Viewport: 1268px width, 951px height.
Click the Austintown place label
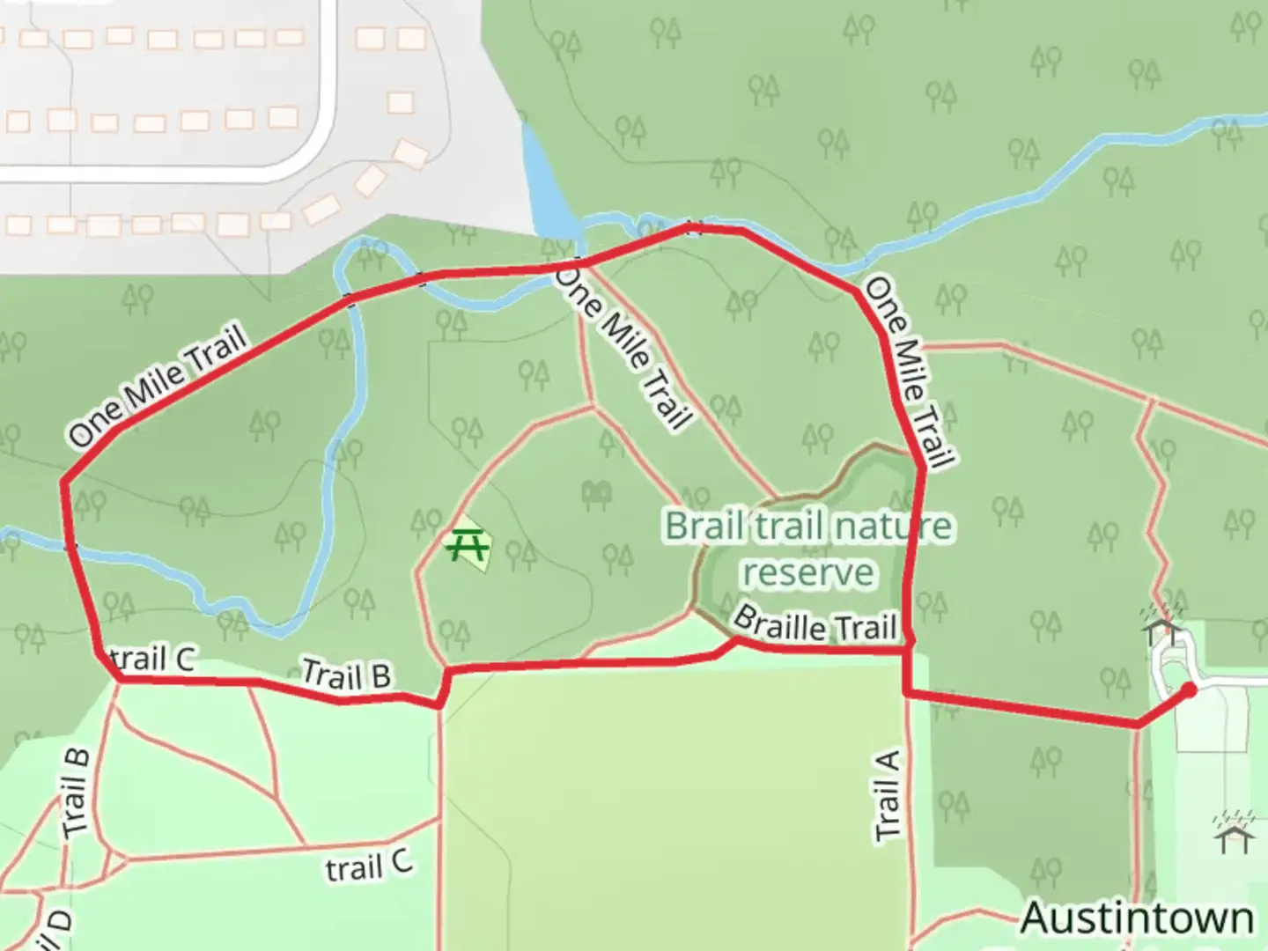pyautogui.click(x=1137, y=918)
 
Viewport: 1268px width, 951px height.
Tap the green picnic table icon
pyautogui.click(x=467, y=545)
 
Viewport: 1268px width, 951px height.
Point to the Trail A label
pyautogui.click(x=888, y=795)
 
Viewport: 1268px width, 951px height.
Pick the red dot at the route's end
pyautogui.click(x=1188, y=689)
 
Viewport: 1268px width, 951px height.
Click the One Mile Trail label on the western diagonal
pyautogui.click(x=156, y=387)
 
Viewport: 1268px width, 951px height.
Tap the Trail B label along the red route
pyautogui.click(x=346, y=675)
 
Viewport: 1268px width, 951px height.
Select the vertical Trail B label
pyautogui.click(x=76, y=792)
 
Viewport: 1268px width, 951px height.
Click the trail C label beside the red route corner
pyautogui.click(x=154, y=658)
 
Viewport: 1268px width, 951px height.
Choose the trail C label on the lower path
pyautogui.click(x=368, y=866)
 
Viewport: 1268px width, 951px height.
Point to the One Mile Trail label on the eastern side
pyautogui.click(x=910, y=372)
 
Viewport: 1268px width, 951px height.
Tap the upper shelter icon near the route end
pyautogui.click(x=1163, y=626)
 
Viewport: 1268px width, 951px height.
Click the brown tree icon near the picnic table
pyautogui.click(x=597, y=495)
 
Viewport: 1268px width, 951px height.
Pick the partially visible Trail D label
pyautogui.click(x=55, y=929)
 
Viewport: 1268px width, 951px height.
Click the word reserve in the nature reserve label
pyautogui.click(x=807, y=572)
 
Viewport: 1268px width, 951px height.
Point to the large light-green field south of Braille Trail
pyautogui.click(x=669, y=801)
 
